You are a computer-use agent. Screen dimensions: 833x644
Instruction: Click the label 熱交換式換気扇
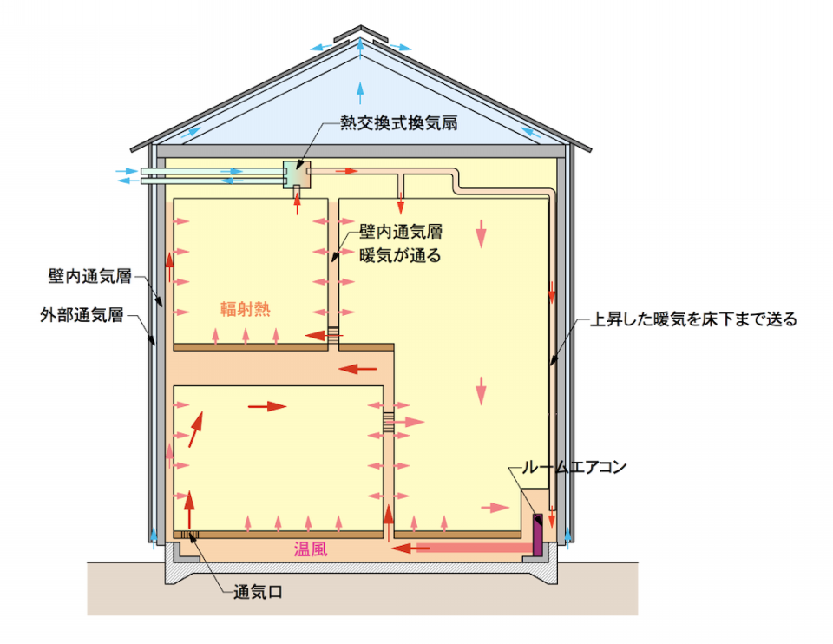click(x=399, y=123)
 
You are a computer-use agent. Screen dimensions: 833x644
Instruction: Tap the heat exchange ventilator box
click(x=297, y=174)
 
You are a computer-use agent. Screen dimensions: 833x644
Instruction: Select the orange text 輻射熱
click(x=246, y=309)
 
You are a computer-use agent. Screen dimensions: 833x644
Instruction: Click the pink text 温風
click(x=311, y=549)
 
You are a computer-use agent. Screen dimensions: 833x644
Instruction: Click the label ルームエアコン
click(x=574, y=467)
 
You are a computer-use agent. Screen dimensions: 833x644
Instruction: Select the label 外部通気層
click(x=82, y=314)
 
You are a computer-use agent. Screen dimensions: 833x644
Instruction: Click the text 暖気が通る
click(x=400, y=255)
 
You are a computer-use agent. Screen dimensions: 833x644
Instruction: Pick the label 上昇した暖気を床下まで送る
click(x=694, y=319)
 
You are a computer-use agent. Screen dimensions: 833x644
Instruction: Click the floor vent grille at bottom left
click(x=190, y=534)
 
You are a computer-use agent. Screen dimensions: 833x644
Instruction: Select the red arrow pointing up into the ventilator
click(x=297, y=202)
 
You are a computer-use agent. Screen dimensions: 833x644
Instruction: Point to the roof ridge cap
click(x=361, y=35)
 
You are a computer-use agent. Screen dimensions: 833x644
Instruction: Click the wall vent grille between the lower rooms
click(x=389, y=421)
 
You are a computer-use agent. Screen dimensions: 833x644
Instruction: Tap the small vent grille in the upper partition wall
click(x=333, y=333)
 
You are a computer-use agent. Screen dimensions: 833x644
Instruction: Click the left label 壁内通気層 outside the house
click(x=89, y=276)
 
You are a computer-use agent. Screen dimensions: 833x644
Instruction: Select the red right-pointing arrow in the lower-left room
click(x=268, y=406)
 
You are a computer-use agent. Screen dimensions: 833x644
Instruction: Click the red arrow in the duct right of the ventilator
click(x=348, y=171)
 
